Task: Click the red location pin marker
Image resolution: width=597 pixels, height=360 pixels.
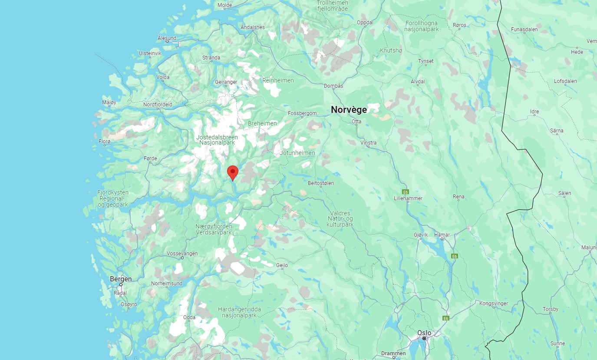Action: click(x=233, y=172)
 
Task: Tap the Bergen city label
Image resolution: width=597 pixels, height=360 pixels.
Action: click(x=121, y=279)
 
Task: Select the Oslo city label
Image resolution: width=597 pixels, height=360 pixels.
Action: click(x=424, y=333)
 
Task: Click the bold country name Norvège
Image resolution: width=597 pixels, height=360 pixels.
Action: click(x=349, y=109)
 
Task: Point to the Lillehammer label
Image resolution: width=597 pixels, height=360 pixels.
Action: click(x=408, y=198)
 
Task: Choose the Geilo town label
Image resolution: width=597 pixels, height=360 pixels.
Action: click(x=282, y=265)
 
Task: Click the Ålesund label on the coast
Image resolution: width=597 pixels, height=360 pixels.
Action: click(x=167, y=38)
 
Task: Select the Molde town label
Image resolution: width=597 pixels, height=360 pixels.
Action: click(x=224, y=5)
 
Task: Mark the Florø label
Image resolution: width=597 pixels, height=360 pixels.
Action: click(x=105, y=142)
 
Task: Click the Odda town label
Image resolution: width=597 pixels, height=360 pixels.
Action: click(x=189, y=317)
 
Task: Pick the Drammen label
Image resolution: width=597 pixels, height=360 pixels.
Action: click(x=393, y=353)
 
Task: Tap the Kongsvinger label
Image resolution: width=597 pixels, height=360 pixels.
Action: click(x=493, y=304)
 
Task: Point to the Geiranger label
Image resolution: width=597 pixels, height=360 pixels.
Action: click(x=226, y=82)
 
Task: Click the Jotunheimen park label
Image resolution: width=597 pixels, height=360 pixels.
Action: click(x=297, y=153)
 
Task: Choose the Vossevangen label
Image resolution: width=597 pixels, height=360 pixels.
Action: click(x=182, y=254)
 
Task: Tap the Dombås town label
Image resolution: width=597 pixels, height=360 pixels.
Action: click(x=333, y=86)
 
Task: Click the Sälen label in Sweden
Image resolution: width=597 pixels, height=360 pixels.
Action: click(x=564, y=193)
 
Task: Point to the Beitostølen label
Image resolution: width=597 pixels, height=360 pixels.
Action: click(x=321, y=183)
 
